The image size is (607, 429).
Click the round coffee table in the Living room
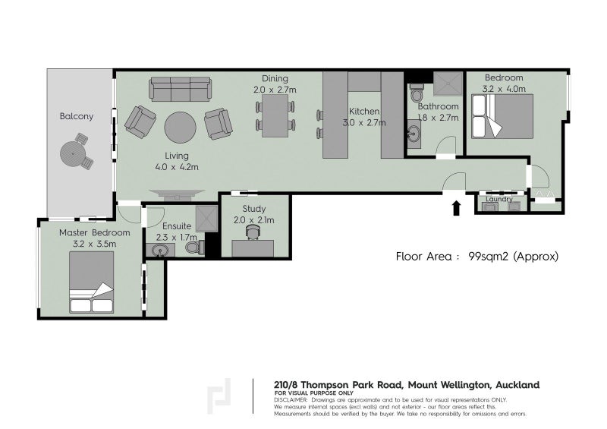(180, 128)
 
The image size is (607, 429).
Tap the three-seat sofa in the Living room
(181, 89)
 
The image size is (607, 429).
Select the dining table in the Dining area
(275, 115)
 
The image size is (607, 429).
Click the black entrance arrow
(457, 208)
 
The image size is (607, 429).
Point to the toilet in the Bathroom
(417, 92)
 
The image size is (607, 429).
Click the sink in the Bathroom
(414, 134)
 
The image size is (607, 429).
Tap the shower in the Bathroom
(448, 84)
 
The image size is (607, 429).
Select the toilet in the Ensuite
(195, 248)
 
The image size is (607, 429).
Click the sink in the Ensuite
(160, 250)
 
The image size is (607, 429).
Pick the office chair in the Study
(253, 232)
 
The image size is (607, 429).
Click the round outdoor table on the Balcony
(72, 153)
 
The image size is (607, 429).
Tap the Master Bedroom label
(94, 233)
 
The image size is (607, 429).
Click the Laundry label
(499, 199)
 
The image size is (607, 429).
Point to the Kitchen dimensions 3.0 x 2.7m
(364, 123)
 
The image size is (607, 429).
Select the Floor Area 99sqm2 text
(477, 256)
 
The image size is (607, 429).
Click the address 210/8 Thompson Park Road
(339, 385)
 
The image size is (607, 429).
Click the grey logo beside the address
(219, 396)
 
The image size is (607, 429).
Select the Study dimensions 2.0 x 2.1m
(254, 220)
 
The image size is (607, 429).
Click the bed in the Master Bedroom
(92, 282)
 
